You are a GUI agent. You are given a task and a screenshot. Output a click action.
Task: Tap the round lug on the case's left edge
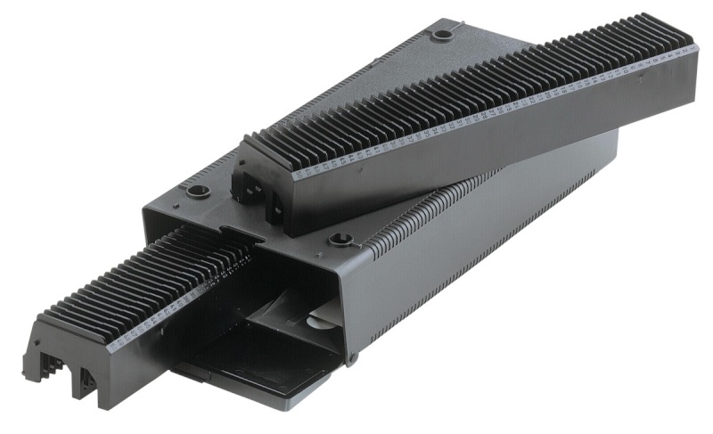(x=197, y=191)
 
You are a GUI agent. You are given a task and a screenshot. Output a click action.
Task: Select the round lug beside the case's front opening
(x=340, y=239)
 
